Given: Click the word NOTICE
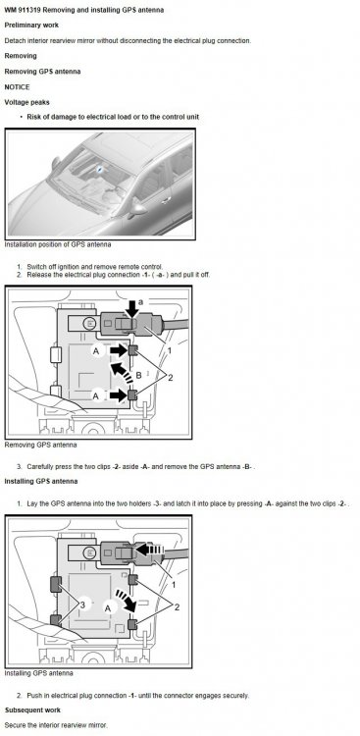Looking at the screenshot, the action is [17, 86].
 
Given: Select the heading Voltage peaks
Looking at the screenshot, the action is [26, 102].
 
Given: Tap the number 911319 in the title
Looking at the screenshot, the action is [30, 10].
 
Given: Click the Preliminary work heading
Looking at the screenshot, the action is [31, 25].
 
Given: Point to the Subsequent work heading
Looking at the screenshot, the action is [32, 710].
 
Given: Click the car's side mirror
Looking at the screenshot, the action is [137, 210].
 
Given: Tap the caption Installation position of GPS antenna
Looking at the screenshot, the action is [58, 244].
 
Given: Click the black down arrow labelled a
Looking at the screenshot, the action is [133, 308].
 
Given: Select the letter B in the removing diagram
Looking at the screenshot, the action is [138, 376].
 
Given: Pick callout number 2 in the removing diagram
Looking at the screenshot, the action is [171, 378].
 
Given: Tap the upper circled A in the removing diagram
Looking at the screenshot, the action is [98, 351].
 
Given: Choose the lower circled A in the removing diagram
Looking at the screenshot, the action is [96, 396].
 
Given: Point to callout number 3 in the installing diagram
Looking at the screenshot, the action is [82, 605].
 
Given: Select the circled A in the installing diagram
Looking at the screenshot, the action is [108, 608].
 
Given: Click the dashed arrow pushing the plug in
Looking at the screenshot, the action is [150, 551].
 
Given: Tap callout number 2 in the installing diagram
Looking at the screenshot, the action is [177, 607].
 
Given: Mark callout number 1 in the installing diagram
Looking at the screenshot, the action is [174, 585].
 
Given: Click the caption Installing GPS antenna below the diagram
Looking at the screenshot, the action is [38, 672].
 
